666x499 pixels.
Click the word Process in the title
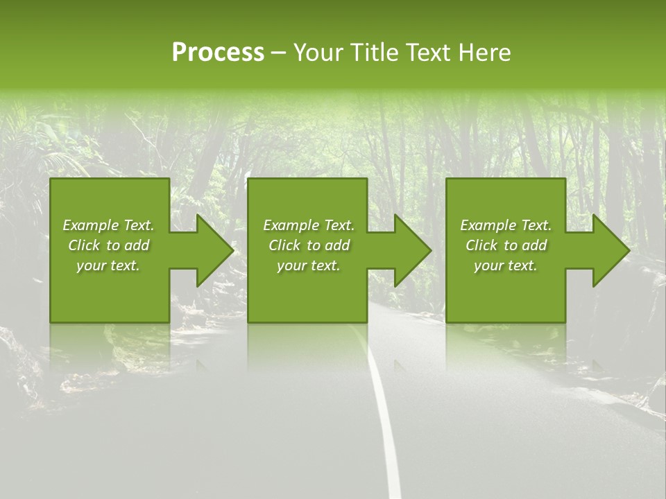point(218,53)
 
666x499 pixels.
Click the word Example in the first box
point(90,225)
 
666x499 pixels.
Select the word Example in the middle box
point(291,225)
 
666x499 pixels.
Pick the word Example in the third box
point(488,225)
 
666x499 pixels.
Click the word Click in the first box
point(84,245)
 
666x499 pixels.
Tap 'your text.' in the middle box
point(308,265)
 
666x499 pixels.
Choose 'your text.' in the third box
point(505,265)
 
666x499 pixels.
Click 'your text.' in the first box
point(108,265)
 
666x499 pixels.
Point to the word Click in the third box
point(481,245)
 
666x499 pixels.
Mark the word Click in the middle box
point(284,245)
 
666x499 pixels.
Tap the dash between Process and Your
point(278,53)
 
